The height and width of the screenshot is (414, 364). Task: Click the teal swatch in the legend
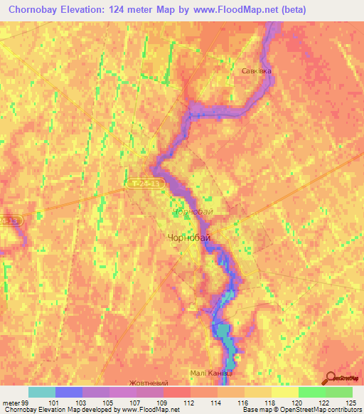pyautogui.click(x=41, y=392)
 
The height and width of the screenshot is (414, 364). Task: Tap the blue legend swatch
pyautogui.click(x=68, y=392)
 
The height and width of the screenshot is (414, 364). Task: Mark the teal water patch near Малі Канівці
pyautogui.click(x=223, y=331)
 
